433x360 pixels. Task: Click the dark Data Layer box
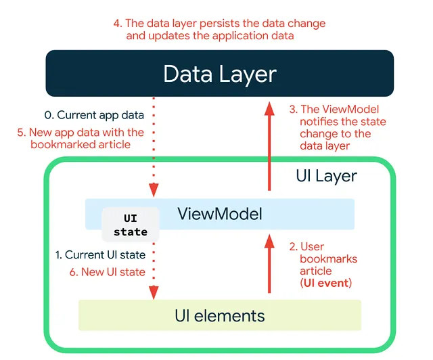pyautogui.click(x=219, y=73)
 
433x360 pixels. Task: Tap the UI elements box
pyautogui.click(x=220, y=315)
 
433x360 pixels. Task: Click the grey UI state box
pyautogui.click(x=131, y=225)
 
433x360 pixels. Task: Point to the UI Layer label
pyautogui.click(x=326, y=176)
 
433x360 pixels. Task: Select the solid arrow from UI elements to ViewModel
pyautogui.click(x=269, y=264)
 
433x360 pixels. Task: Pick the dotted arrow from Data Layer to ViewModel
pyautogui.click(x=154, y=145)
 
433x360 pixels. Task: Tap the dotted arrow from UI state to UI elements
pyautogui.click(x=154, y=271)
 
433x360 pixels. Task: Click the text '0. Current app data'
pyautogui.click(x=100, y=115)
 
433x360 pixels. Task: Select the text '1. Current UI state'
pyautogui.click(x=100, y=255)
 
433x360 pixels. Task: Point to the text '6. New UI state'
pyautogui.click(x=108, y=271)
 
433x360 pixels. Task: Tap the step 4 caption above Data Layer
pyautogui.click(x=210, y=29)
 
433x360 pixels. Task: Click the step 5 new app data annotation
pyautogui.click(x=81, y=138)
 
